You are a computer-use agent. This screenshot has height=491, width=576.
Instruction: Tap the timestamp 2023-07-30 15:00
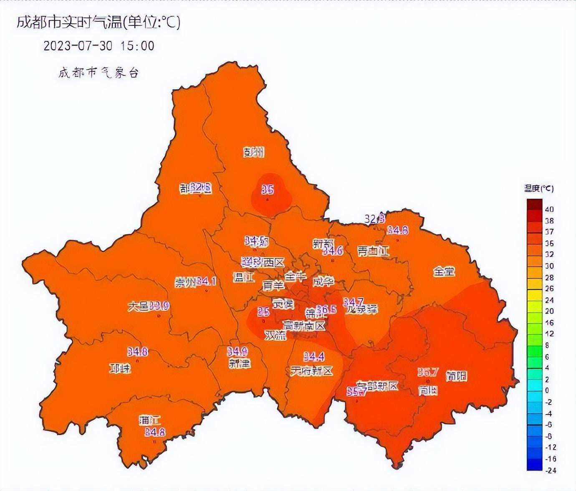tap(99, 46)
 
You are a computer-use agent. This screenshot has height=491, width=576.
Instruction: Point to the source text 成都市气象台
tap(99, 73)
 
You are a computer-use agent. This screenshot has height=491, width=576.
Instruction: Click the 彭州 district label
tap(254, 152)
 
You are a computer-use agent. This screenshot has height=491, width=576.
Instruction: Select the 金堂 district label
tap(444, 272)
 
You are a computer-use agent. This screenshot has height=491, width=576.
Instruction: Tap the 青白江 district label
tap(373, 251)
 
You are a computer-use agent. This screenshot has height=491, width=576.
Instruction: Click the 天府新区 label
tap(311, 371)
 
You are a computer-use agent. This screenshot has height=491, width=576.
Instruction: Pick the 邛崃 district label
tap(120, 369)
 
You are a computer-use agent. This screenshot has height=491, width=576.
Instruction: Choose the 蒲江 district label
tap(150, 420)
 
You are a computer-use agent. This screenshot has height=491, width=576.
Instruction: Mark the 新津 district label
tap(240, 363)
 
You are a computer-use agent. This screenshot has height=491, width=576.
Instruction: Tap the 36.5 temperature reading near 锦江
tap(326, 309)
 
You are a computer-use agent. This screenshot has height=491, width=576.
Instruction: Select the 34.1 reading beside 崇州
tap(206, 281)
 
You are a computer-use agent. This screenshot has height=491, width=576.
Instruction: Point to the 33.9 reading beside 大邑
tap(159, 306)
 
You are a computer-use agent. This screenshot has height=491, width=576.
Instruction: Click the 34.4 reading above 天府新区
tap(314, 357)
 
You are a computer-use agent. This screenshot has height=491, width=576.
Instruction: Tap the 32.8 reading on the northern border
tap(374, 219)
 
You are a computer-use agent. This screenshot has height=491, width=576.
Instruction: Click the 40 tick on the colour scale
tap(549, 209)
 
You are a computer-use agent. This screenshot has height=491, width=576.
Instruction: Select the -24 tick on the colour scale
tap(551, 470)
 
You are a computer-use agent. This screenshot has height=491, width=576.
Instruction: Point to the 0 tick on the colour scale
tap(547, 390)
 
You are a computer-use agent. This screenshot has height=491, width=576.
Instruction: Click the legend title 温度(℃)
tap(539, 189)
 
